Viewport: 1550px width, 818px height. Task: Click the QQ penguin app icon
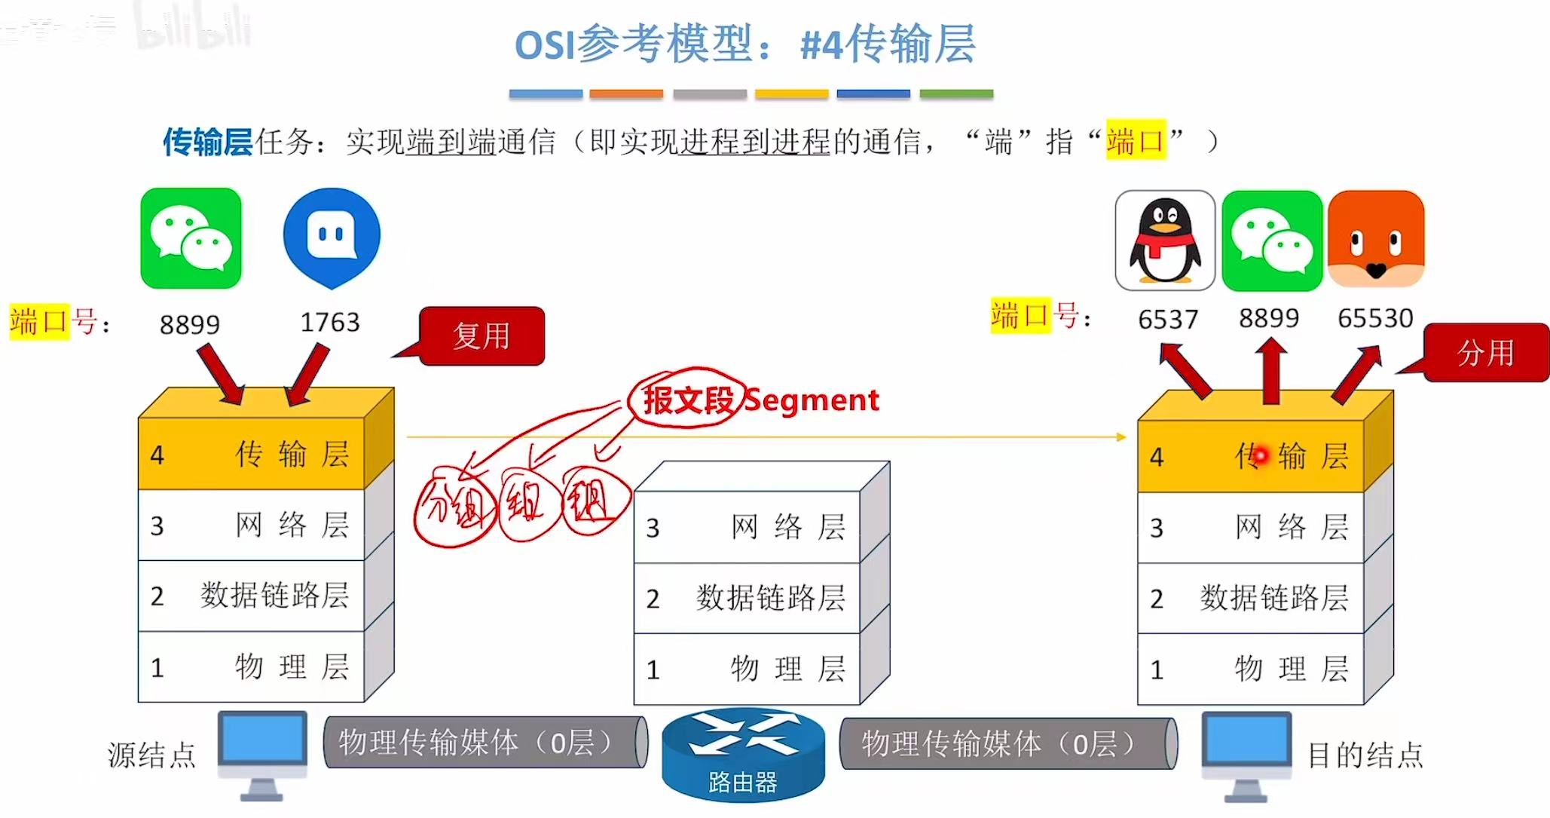pos(1164,240)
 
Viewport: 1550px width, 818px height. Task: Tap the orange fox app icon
pos(1376,239)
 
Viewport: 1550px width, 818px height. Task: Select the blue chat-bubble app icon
pos(332,237)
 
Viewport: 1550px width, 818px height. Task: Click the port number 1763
pos(330,323)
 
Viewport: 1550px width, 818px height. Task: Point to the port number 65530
pos(1375,319)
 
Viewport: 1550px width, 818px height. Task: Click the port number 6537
pos(1168,320)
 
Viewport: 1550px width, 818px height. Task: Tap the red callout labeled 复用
pos(482,336)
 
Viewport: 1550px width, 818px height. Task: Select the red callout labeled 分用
pos(1484,353)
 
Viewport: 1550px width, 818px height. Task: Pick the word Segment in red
pos(812,400)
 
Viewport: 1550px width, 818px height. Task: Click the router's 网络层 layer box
pos(747,527)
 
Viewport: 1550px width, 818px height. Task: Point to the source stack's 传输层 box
pos(251,455)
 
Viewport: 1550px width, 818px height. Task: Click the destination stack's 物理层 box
pos(1251,669)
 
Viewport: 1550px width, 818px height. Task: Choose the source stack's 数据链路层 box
pos(251,596)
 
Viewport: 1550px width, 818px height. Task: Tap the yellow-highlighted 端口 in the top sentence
pos(1136,141)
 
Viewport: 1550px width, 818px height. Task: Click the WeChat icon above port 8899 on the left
pos(191,238)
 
